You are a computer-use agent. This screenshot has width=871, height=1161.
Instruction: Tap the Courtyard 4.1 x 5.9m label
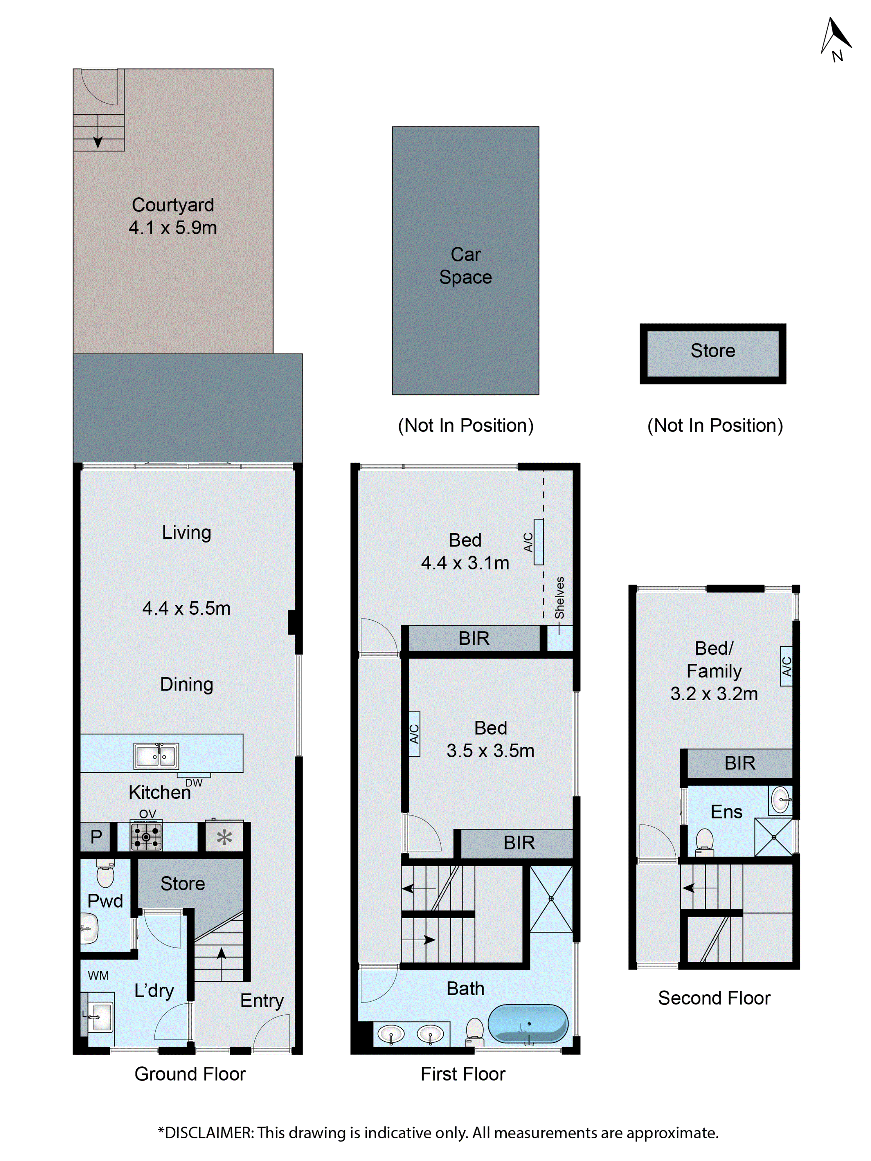tap(173, 216)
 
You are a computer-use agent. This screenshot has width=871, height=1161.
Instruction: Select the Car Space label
tap(465, 266)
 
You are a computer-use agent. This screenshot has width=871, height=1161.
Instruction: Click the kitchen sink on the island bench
tap(156, 756)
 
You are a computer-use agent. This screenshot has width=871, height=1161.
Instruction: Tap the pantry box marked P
tap(96, 837)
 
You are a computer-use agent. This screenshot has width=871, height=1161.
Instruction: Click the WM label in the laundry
tap(98, 975)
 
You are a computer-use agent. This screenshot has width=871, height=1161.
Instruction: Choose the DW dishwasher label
tap(194, 783)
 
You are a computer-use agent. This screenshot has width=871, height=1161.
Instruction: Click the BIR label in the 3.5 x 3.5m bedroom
tap(519, 842)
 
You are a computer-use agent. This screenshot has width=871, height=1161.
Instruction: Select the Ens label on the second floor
tap(726, 812)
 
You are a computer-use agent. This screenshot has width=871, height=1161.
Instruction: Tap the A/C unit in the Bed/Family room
tap(786, 666)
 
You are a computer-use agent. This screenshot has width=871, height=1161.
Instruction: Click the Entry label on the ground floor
tap(262, 1000)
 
